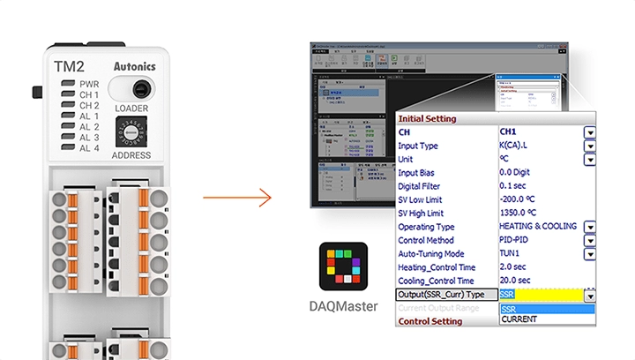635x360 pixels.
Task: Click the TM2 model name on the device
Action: click(70, 66)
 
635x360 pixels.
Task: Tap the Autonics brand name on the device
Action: click(136, 66)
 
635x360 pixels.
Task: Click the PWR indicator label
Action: click(89, 84)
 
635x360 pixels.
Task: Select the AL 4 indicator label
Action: click(89, 148)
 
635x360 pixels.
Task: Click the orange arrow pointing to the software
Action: click(236, 196)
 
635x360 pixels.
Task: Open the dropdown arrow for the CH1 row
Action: click(589, 132)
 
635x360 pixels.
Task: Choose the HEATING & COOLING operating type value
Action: click(538, 227)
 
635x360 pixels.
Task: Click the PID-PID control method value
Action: click(519, 240)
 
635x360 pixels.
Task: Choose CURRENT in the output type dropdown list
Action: click(519, 319)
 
